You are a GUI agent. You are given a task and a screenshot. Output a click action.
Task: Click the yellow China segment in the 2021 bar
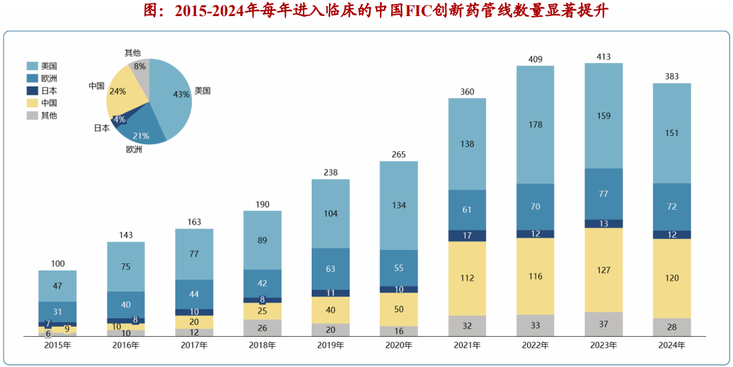click(467, 278)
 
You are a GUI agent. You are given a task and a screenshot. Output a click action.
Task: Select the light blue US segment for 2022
click(535, 125)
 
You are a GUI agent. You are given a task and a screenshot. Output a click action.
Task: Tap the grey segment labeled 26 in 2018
click(262, 327)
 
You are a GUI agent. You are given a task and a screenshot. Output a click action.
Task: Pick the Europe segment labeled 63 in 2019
click(330, 269)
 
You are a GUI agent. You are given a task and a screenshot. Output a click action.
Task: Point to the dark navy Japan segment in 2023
click(603, 224)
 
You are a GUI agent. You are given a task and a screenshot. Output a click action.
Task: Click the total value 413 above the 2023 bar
click(603, 57)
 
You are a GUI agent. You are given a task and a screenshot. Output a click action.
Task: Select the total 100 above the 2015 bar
click(58, 264)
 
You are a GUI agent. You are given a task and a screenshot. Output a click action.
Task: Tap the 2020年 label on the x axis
click(399, 346)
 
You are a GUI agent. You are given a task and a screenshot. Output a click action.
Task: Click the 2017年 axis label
click(194, 346)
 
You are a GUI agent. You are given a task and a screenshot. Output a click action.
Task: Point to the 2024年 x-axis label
click(671, 346)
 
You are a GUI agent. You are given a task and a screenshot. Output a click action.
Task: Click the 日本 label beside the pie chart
click(102, 127)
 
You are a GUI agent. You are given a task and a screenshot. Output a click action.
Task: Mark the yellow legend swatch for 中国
click(32, 103)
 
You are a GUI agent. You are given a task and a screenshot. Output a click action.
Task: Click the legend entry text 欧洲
click(49, 78)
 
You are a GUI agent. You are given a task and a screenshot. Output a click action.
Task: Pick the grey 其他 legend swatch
click(32, 116)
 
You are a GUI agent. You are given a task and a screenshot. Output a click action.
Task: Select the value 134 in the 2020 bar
click(399, 205)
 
